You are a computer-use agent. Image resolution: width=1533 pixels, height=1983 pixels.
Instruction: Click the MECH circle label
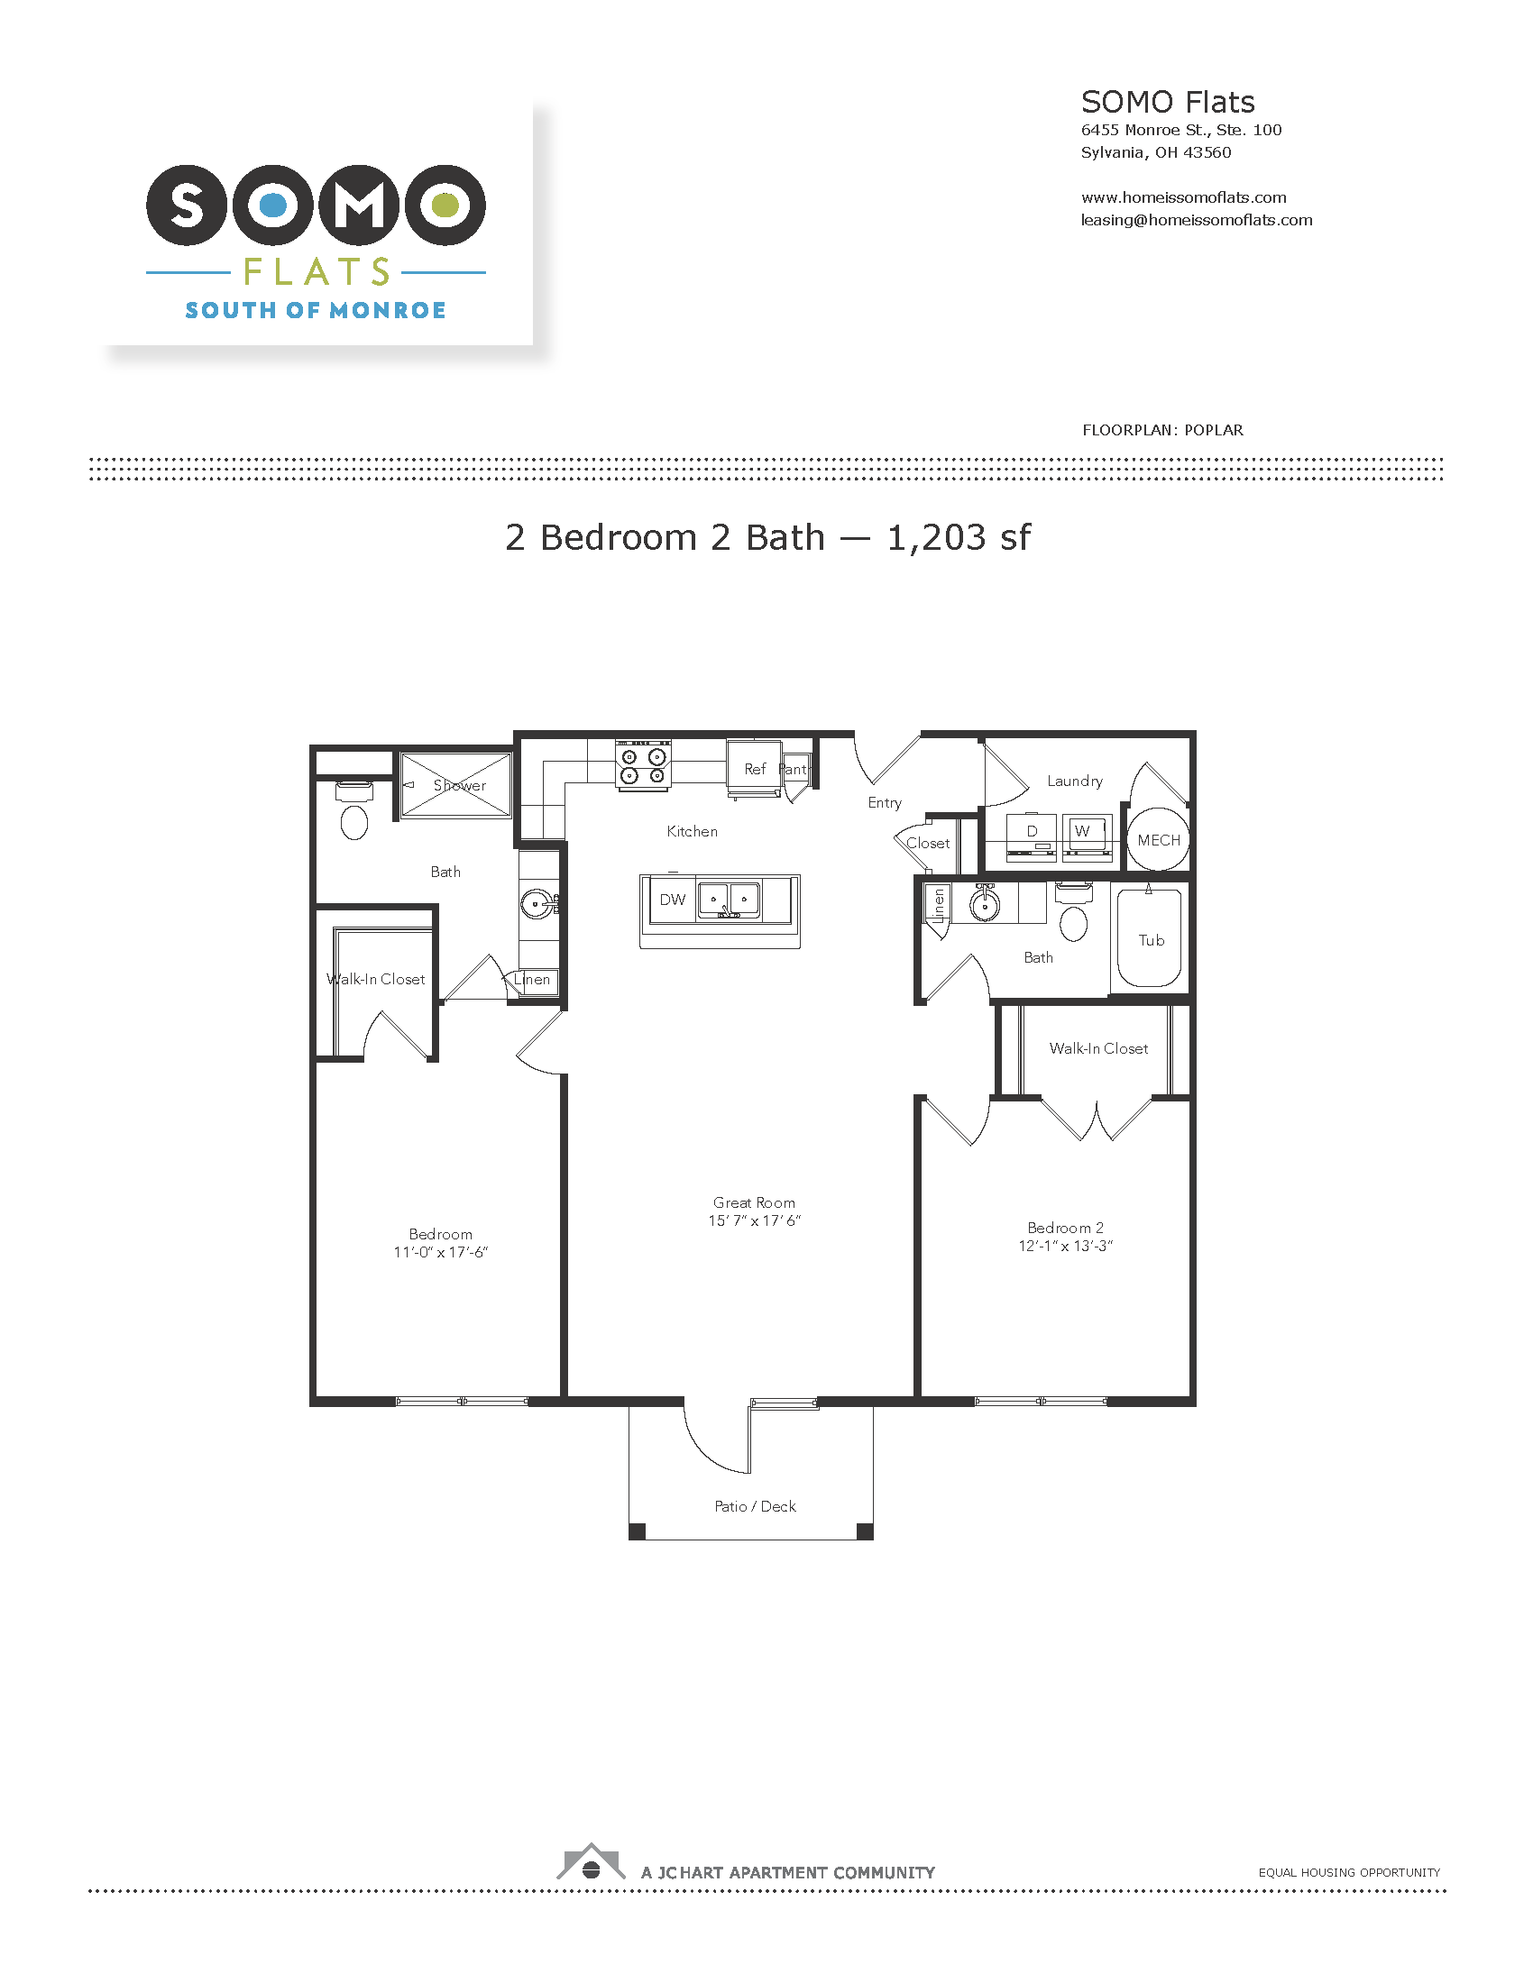[x=1159, y=840]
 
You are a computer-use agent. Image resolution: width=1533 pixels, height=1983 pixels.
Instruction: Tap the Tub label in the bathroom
[x=1151, y=941]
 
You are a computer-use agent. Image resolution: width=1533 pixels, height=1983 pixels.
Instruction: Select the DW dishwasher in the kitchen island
[x=672, y=900]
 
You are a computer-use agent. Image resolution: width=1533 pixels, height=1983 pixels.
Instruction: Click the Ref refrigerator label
[x=755, y=769]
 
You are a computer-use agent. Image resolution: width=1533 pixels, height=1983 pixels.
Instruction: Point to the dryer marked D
[x=1032, y=834]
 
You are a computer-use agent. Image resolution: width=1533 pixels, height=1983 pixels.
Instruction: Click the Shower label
[x=460, y=785]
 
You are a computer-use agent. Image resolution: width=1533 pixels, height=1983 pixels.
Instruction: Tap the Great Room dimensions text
[x=755, y=1220]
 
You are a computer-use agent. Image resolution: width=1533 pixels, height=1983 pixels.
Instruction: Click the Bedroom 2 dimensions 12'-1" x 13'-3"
[x=1065, y=1246]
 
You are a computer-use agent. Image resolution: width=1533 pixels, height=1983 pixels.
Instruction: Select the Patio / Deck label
[x=755, y=1506]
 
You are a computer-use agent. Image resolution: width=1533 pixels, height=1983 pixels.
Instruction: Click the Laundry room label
[x=1074, y=781]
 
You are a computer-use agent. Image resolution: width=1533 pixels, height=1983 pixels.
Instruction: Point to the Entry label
[x=885, y=802]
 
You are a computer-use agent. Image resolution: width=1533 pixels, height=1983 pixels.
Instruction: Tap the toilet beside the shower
[x=353, y=810]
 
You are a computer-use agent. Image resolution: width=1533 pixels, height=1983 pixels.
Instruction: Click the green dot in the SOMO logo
[x=444, y=206]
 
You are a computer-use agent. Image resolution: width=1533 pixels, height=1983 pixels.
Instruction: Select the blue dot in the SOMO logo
[x=273, y=206]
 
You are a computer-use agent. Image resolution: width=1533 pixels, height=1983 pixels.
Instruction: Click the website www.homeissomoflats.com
[x=1183, y=197]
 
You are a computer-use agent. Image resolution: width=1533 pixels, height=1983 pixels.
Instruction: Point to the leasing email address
[x=1196, y=220]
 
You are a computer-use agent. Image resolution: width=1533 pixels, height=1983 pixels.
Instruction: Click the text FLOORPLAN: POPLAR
[x=1162, y=430]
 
